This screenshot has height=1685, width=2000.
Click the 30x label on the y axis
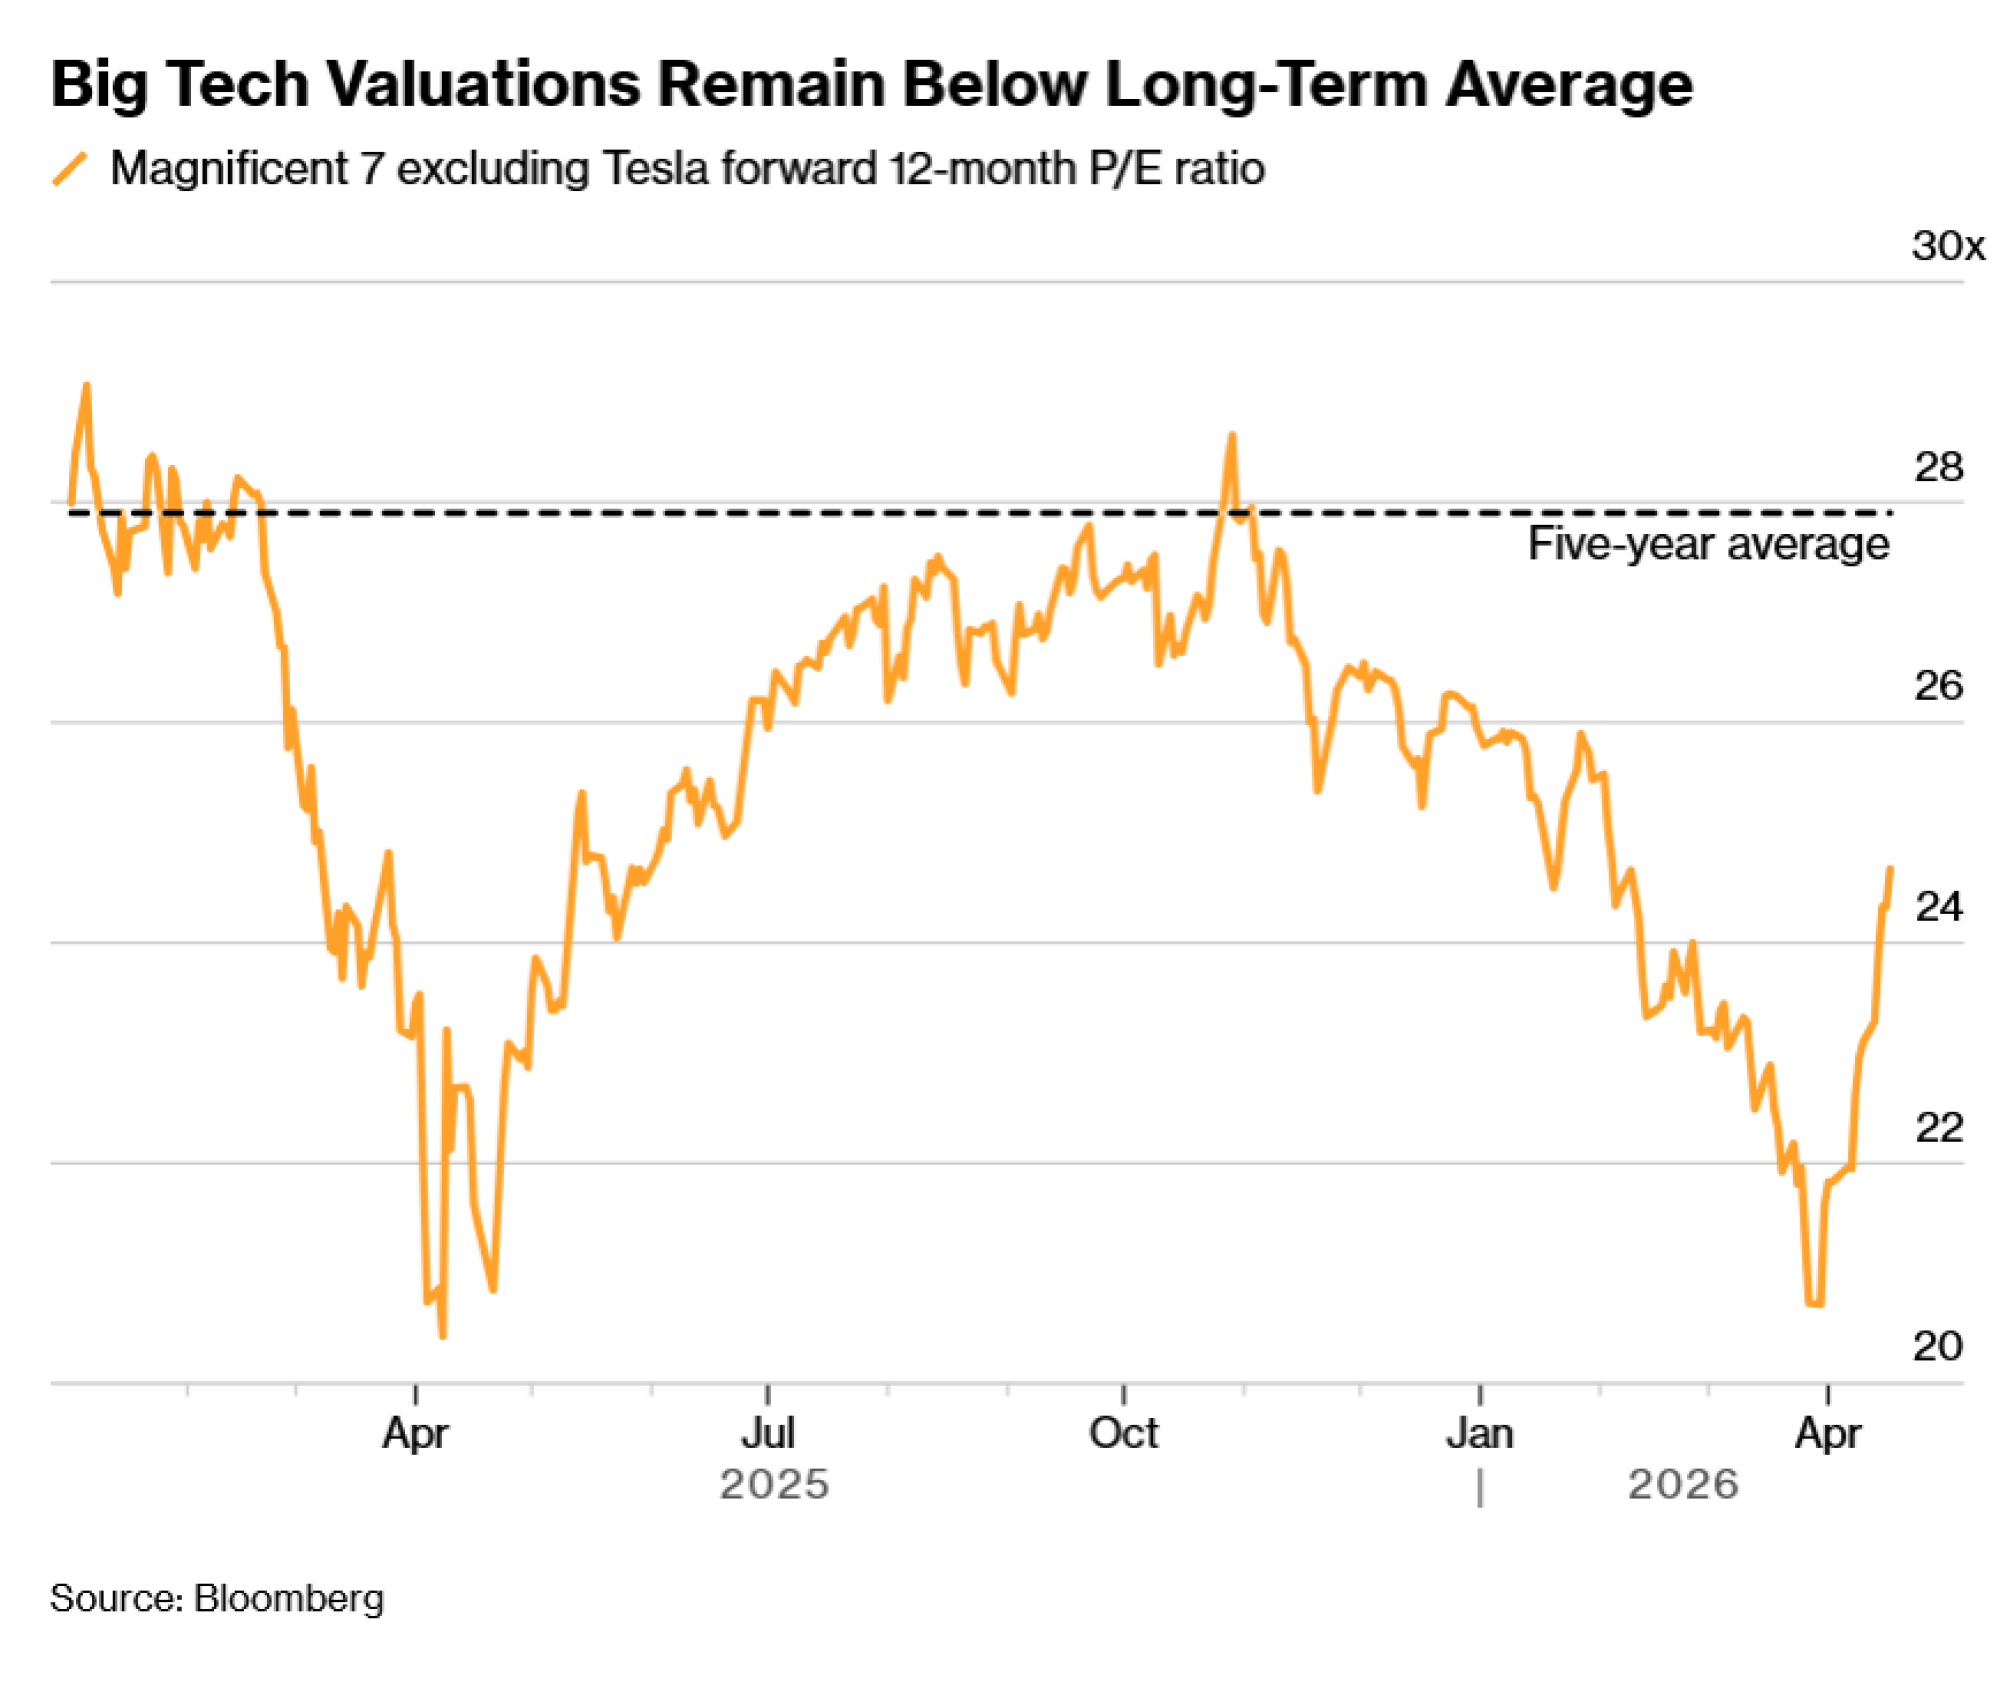(1946, 246)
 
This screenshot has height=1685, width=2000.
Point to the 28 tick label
(1937, 467)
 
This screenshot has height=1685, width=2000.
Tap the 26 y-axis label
(1937, 686)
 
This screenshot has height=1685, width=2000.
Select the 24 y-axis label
(1937, 907)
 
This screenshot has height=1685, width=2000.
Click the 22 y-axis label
(1937, 1128)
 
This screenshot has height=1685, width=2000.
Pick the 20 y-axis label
(1937, 1346)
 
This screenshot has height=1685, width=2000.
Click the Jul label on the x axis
(767, 1434)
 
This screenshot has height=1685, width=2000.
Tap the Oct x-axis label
(1123, 1434)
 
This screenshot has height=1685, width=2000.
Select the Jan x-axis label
(1479, 1434)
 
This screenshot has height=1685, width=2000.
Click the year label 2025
(774, 1485)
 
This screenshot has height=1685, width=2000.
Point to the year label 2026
(1682, 1485)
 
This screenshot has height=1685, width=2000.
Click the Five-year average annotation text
(1708, 545)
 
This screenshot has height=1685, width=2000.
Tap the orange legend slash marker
(70, 169)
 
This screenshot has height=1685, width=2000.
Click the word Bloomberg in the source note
(288, 1598)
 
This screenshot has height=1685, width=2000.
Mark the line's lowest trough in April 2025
(442, 1335)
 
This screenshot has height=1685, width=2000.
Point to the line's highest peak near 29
(87, 385)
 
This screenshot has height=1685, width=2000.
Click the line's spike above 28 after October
(1232, 435)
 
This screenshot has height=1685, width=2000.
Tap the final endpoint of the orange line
(1890, 868)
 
